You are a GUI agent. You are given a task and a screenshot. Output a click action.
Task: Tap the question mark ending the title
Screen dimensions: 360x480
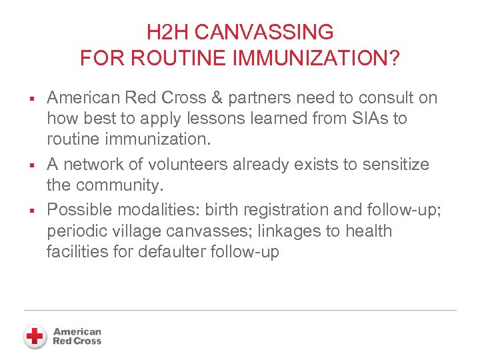pos(393,59)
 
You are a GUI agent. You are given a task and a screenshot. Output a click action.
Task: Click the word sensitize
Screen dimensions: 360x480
pos(393,164)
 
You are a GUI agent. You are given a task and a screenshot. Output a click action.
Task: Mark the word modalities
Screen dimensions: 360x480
pos(157,209)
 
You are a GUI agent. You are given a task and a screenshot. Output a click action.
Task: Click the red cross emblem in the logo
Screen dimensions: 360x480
pos(35,336)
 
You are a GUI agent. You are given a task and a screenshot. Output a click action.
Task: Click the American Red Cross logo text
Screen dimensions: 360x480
pos(77,336)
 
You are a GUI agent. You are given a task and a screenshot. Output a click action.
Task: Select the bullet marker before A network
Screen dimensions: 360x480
pos(32,165)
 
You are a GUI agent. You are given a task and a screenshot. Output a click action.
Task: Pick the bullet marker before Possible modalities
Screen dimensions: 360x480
pos(32,210)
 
